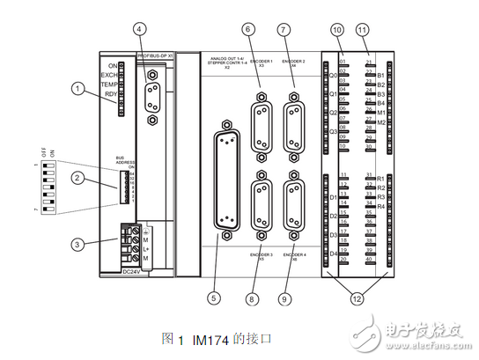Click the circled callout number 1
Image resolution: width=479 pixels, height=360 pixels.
click(x=78, y=88)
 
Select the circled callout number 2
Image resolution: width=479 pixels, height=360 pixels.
click(x=78, y=179)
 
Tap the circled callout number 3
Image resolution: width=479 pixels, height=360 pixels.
click(x=78, y=245)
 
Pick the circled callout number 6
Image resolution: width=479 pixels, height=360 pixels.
click(x=248, y=30)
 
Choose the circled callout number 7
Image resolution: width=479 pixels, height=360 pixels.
click(x=283, y=30)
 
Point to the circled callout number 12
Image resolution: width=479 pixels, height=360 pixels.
click(x=355, y=298)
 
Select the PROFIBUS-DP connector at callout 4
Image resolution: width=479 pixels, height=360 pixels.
click(x=153, y=96)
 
